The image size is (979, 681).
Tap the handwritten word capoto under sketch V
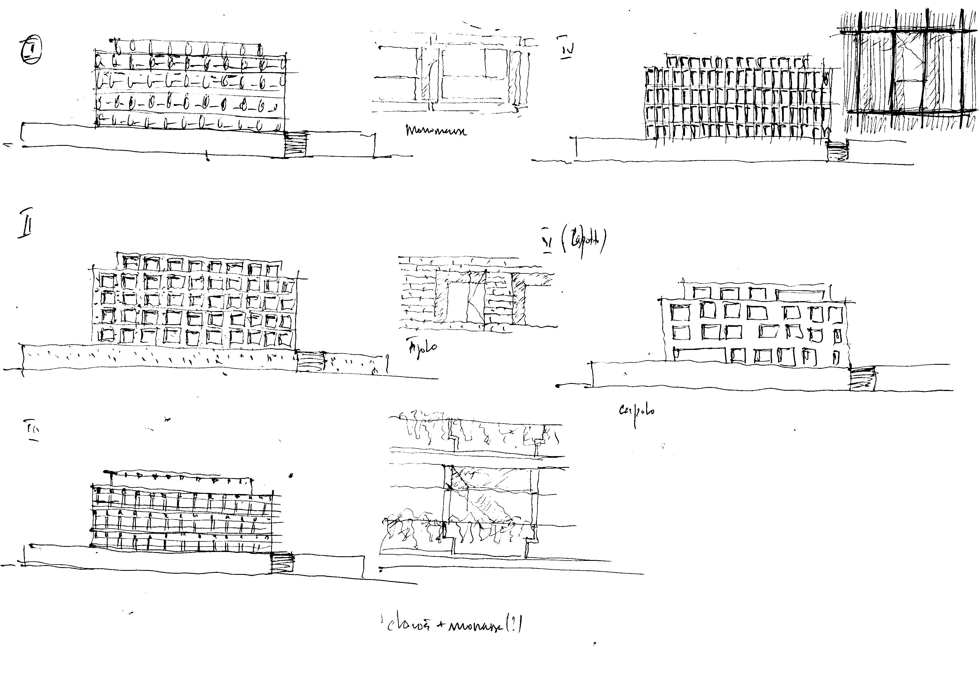coord(636,411)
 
